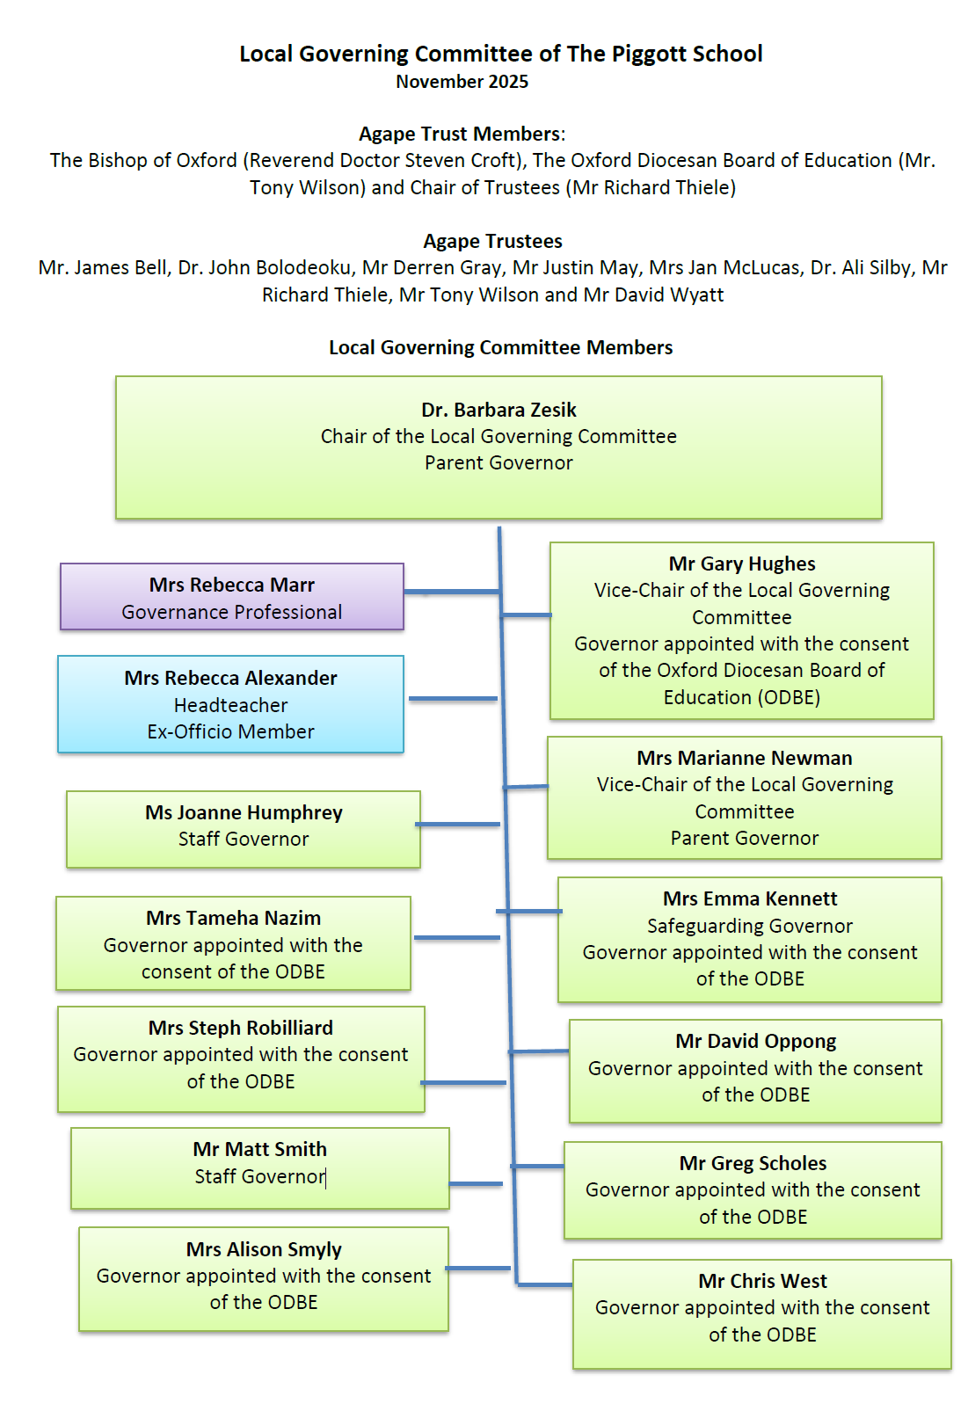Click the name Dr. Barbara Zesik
tap(499, 410)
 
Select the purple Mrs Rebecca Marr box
tap(231, 597)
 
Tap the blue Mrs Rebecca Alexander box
tap(230, 704)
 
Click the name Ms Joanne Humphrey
tap(244, 812)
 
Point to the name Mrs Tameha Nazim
tap(233, 918)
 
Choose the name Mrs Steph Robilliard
tap(241, 1028)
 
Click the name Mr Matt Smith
tap(260, 1149)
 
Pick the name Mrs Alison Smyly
tap(264, 1249)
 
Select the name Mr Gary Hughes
tap(742, 564)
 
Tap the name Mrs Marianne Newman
tap(745, 758)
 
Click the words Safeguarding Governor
tap(750, 926)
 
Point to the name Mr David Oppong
tap(756, 1041)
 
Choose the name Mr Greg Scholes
tap(753, 1163)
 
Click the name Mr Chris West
tap(763, 1281)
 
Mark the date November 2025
tap(462, 82)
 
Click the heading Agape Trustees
tap(492, 241)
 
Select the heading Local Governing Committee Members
tap(500, 347)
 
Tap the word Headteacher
tap(230, 705)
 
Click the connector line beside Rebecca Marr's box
tap(451, 592)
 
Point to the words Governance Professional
tap(232, 612)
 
